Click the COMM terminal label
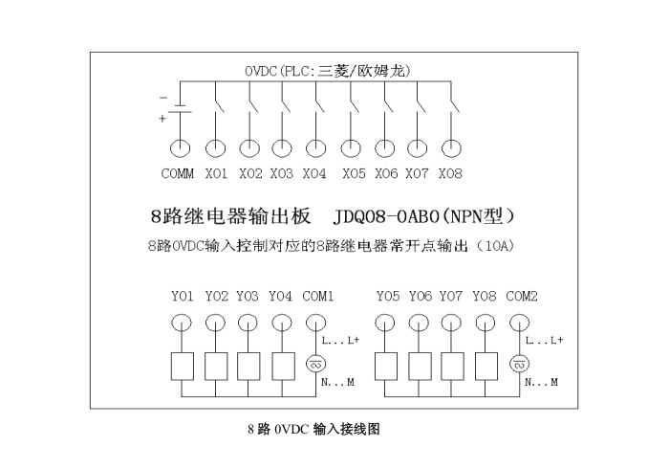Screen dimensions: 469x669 coord(178,173)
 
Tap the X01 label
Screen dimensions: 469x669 coord(217,173)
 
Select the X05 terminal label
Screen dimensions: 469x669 coord(354,173)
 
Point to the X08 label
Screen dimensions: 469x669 coord(450,173)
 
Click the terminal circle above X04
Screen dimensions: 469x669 coord(314,147)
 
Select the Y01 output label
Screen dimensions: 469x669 coord(182,297)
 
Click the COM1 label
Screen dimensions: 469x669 coord(318,297)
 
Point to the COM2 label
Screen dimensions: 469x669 coord(522,297)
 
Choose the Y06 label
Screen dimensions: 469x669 coord(420,297)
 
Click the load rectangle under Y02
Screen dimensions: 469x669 coord(216,366)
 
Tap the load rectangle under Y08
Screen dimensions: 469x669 coord(486,366)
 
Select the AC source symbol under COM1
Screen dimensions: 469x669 coord(316,365)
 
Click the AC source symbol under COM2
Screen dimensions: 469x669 coord(521,365)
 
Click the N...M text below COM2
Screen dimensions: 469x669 coord(542,382)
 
